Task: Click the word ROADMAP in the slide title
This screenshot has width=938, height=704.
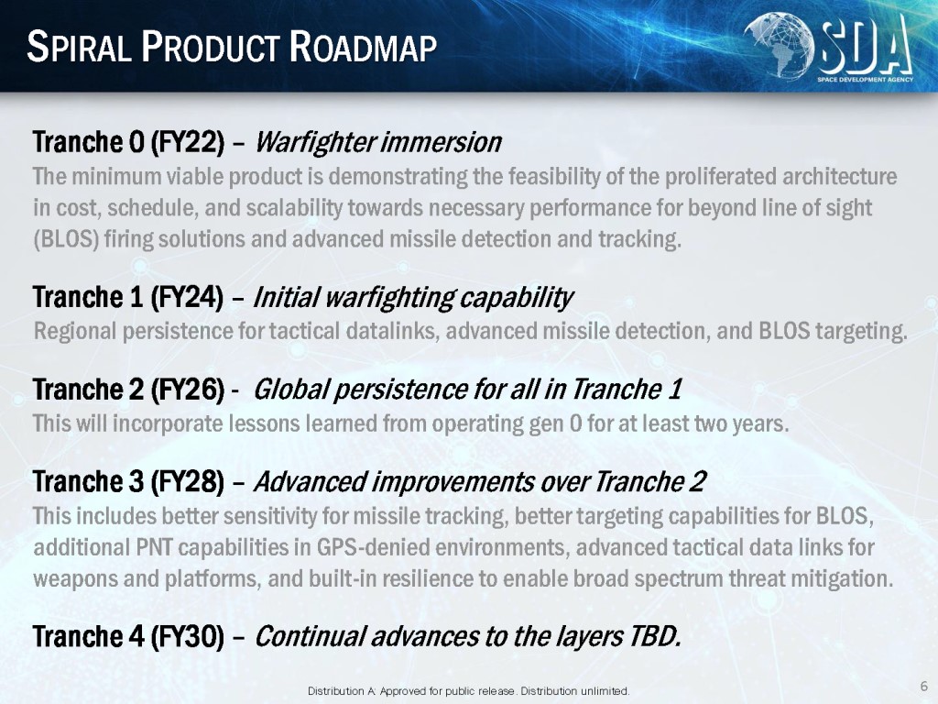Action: (x=364, y=47)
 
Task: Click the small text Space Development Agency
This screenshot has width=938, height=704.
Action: (x=865, y=80)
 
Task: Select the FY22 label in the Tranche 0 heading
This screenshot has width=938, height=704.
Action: (x=187, y=142)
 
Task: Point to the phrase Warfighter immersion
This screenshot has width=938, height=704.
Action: (x=378, y=142)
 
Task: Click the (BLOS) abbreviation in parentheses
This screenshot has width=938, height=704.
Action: (x=66, y=239)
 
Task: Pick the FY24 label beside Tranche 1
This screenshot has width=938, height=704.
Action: (x=187, y=297)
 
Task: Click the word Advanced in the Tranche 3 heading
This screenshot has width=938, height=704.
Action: (x=310, y=481)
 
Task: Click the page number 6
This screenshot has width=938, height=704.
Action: (x=924, y=686)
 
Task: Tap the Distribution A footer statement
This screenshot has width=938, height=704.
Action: (x=468, y=691)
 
